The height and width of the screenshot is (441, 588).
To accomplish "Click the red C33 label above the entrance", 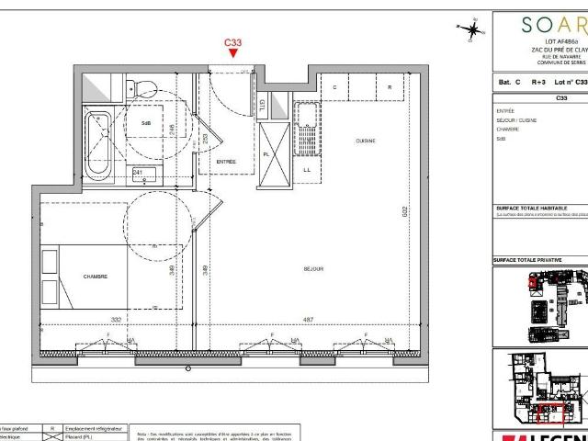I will [233, 42].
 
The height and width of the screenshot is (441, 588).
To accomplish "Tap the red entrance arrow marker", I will [233, 54].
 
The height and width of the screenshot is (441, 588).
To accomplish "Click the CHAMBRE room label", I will [96, 275].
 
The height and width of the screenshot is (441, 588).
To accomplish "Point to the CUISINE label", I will [367, 141].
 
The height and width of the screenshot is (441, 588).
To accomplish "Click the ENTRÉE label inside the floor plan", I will [226, 162].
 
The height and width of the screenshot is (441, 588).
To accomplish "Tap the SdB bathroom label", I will [145, 122].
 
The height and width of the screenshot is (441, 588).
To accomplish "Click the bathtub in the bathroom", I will [97, 144].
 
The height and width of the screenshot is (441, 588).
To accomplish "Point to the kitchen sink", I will [304, 115].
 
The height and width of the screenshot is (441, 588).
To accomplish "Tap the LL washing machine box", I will [307, 170].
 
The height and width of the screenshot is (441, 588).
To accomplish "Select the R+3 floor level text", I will [538, 83].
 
